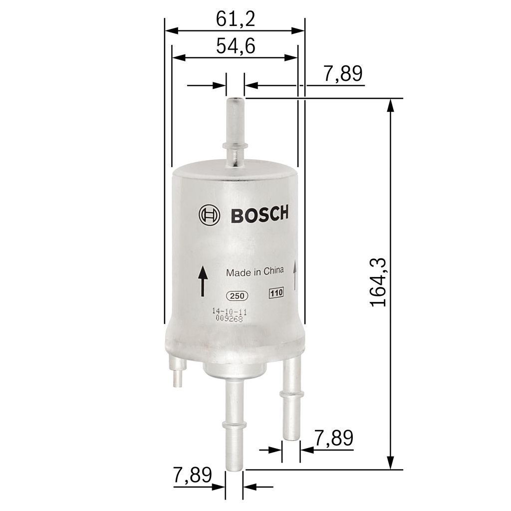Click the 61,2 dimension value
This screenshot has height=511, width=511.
point(235,19)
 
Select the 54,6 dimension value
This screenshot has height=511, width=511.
point(235,46)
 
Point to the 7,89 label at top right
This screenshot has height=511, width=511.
point(342,74)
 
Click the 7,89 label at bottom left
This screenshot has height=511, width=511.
point(193,475)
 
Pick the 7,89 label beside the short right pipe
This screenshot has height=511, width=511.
point(334,438)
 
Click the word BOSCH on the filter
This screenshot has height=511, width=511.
point(259,215)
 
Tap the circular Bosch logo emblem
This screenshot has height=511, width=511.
point(209,215)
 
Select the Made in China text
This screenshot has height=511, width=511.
point(255,272)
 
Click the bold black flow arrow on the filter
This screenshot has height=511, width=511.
point(202,281)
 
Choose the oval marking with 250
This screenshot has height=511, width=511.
point(237,296)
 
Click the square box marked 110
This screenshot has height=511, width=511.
point(276,293)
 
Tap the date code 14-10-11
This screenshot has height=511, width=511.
point(229,311)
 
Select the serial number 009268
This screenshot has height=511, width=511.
point(229,319)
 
